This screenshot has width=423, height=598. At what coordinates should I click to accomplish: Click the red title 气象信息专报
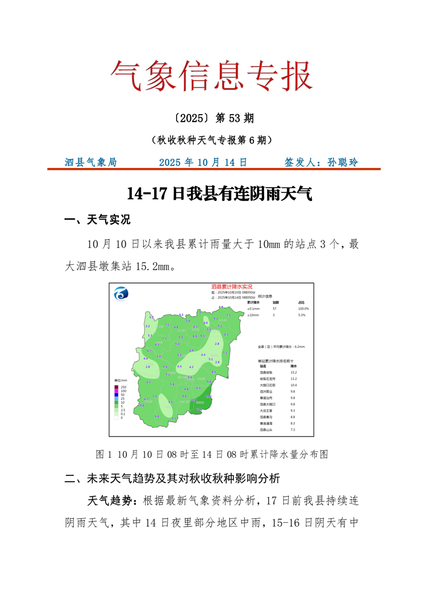click(211, 75)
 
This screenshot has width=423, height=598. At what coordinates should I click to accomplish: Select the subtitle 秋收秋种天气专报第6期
click(211, 140)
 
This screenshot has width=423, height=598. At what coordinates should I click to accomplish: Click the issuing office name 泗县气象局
click(90, 162)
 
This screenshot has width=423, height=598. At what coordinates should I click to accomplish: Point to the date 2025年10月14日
click(203, 162)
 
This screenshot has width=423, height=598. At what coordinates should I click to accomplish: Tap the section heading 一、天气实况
click(97, 220)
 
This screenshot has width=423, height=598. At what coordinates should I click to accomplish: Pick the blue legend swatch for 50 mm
click(117, 395)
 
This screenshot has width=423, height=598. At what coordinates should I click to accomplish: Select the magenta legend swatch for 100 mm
click(117, 391)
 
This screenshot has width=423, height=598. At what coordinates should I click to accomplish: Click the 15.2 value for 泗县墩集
click(293, 372)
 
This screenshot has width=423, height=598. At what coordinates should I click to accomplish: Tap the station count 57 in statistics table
click(274, 309)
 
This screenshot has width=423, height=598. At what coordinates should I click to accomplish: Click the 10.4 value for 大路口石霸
click(293, 385)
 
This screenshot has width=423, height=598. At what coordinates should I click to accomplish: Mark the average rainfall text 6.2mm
click(299, 346)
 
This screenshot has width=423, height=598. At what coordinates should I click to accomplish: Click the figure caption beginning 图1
click(211, 454)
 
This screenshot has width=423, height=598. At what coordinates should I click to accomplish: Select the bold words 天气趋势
click(110, 501)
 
